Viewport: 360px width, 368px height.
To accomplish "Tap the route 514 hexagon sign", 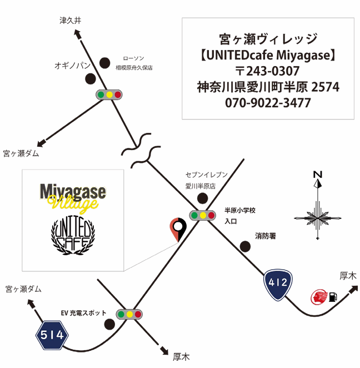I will click(52, 334).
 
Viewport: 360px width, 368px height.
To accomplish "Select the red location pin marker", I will click(178, 228).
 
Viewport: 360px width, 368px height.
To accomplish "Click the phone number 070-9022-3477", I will click(268, 103).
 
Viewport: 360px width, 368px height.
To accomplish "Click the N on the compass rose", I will click(318, 173).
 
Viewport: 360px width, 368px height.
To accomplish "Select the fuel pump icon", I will click(333, 297).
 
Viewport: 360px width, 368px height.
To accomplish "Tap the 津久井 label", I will click(70, 21).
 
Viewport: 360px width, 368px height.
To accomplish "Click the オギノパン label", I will click(72, 65).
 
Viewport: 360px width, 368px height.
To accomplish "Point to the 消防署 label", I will click(266, 236).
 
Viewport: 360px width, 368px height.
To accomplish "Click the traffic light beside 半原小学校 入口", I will click(203, 215).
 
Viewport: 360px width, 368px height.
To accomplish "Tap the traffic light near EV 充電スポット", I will click(129, 314).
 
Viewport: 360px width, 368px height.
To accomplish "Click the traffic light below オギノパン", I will click(109, 95).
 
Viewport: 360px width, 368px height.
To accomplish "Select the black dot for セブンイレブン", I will click(203, 198).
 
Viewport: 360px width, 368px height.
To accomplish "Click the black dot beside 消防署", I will click(244, 246).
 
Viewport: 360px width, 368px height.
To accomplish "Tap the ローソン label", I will click(133, 58).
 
